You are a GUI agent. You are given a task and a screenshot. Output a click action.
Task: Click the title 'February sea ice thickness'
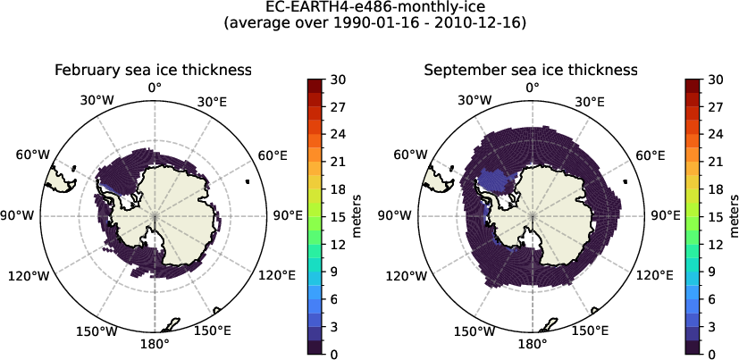[152, 70]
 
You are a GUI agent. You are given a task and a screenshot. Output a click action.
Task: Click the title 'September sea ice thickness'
[531, 70]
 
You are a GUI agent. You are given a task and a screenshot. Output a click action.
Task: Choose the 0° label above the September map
[533, 88]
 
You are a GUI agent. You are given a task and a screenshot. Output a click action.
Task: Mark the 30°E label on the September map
[592, 102]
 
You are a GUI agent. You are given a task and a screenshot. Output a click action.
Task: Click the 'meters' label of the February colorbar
[356, 216]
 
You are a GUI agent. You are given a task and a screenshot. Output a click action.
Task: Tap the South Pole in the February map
[155, 216]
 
